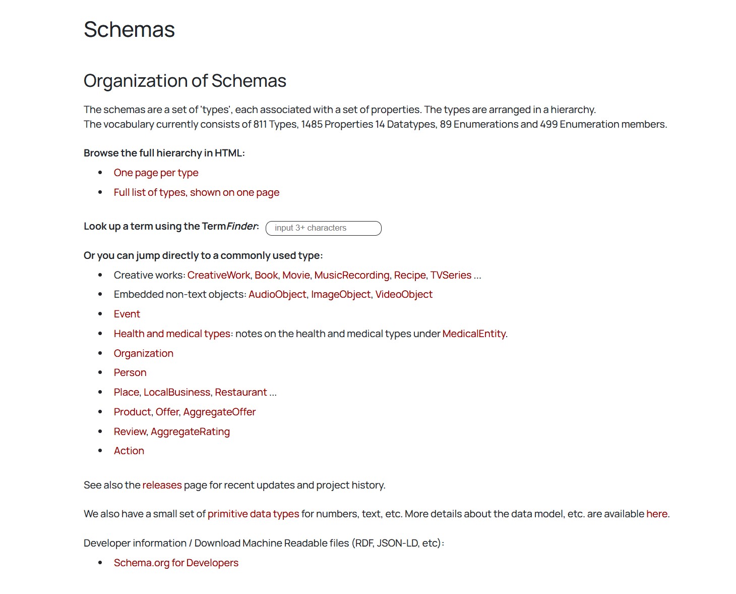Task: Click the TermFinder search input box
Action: pos(323,228)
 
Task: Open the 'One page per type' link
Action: pos(156,173)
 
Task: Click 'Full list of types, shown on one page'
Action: pos(196,192)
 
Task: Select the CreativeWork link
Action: pos(218,275)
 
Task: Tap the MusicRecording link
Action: pos(351,275)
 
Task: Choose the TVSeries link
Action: pos(451,275)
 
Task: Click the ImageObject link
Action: pos(340,294)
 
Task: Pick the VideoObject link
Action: pos(403,294)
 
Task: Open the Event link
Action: pos(127,314)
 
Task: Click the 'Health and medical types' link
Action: pos(172,334)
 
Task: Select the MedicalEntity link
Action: pos(473,334)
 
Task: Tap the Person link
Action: pos(130,372)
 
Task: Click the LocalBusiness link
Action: pos(176,392)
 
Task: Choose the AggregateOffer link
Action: pos(219,412)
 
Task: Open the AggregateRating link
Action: pos(190,431)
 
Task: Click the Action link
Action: pos(129,451)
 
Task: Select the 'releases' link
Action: pos(162,485)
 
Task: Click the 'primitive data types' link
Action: pos(253,514)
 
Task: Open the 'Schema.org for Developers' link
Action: pos(176,563)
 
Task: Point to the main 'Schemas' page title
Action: pos(129,29)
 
